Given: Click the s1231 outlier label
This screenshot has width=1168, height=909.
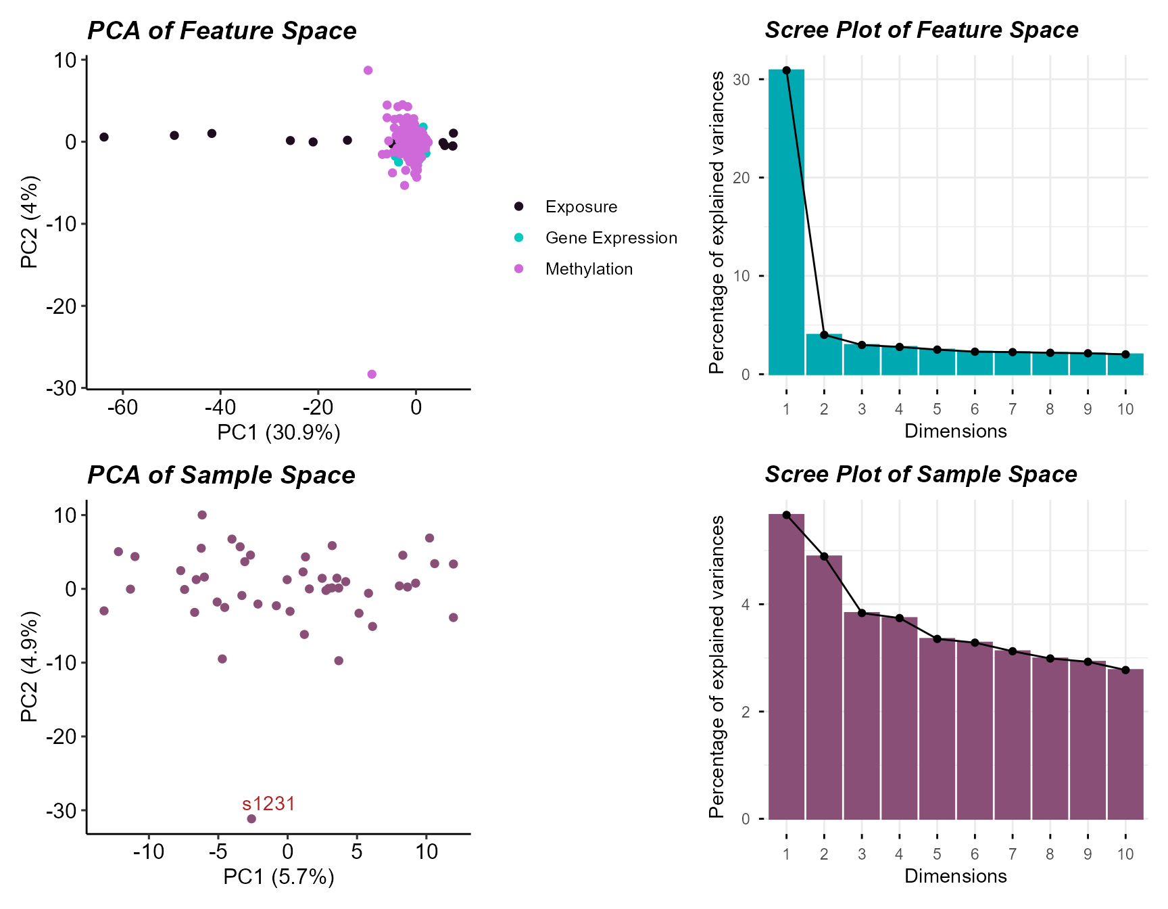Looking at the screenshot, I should tap(268, 803).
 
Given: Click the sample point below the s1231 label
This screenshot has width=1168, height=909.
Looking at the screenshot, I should tap(251, 818).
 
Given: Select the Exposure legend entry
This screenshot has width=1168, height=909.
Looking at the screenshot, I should tap(581, 207).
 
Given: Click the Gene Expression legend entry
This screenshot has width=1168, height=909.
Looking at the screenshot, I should tap(610, 238).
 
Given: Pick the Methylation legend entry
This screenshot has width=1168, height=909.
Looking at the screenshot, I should tap(588, 269).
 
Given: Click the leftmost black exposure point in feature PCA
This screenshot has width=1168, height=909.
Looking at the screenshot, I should tap(104, 137).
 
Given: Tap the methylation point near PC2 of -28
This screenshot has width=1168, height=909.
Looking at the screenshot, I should tap(372, 374).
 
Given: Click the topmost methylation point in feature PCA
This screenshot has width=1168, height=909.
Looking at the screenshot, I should tap(368, 70).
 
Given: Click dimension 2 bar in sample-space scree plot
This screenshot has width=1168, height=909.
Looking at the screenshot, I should tap(824, 686).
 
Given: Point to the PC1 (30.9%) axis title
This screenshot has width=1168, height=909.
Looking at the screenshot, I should tap(278, 433).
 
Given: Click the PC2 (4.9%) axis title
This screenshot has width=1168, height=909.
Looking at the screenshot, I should tap(29, 666).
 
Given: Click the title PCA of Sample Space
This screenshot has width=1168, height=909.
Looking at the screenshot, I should tap(221, 475).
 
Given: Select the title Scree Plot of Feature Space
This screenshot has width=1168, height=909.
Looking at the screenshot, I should tap(921, 30).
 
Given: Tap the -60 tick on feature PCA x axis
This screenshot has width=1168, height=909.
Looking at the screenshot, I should tap(123, 407).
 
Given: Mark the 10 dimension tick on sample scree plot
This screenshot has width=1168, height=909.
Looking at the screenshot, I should tap(1125, 854).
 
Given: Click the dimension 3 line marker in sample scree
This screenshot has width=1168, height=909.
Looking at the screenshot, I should tap(862, 613).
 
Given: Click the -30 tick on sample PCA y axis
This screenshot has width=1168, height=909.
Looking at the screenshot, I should tap(62, 810).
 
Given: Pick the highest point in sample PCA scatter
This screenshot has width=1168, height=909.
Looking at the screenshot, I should tap(202, 515).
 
